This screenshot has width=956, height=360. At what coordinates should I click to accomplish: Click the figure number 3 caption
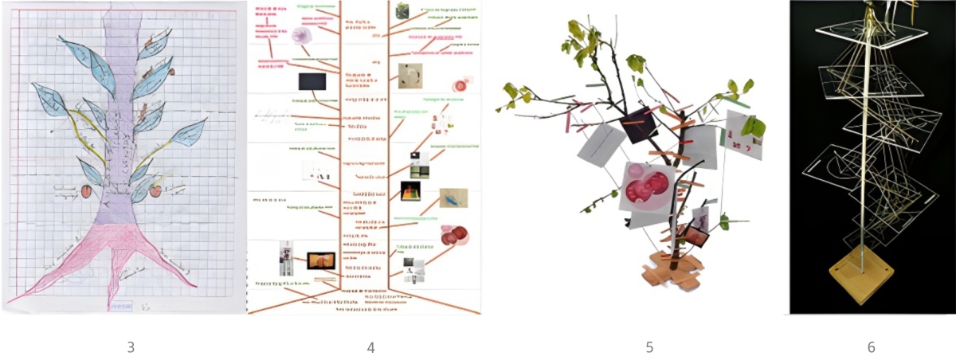130,347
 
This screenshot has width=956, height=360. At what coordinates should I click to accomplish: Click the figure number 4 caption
370,347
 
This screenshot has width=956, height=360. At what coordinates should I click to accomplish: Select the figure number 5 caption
649,347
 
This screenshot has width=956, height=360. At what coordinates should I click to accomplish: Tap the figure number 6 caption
871,347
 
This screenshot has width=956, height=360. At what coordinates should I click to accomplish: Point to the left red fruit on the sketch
87,191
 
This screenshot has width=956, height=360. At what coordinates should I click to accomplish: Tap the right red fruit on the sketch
155,190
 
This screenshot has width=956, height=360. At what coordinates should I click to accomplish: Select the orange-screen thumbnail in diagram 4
321,260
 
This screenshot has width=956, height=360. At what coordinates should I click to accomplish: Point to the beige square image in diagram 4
410,76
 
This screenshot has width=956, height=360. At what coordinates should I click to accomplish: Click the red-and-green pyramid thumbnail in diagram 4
411,191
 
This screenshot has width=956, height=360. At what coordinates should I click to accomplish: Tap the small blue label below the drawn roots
121,303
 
